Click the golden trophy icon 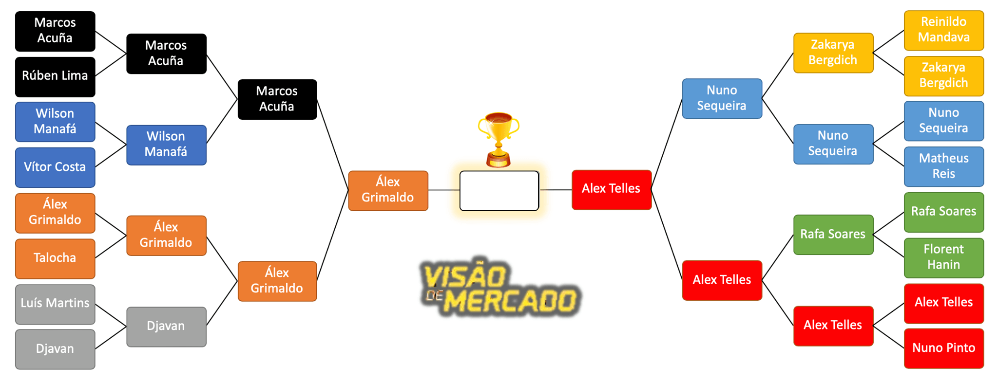click(x=499, y=139)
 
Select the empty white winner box click(x=499, y=191)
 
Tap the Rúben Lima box click(x=55, y=76)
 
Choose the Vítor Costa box click(x=55, y=167)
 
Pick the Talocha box click(x=55, y=258)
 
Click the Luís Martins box click(x=55, y=304)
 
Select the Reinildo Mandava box click(x=943, y=30)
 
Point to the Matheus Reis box click(x=943, y=166)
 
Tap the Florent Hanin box click(x=943, y=257)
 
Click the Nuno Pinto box click(x=943, y=348)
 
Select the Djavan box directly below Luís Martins click(x=55, y=349)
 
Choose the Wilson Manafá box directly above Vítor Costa click(x=55, y=122)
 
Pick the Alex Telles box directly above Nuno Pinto click(x=943, y=303)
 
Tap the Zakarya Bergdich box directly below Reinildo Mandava click(x=943, y=76)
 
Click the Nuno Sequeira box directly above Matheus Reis click(x=943, y=121)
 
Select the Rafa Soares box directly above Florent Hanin click(x=943, y=212)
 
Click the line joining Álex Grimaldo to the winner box click(x=444, y=190)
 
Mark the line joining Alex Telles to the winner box click(x=556, y=190)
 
